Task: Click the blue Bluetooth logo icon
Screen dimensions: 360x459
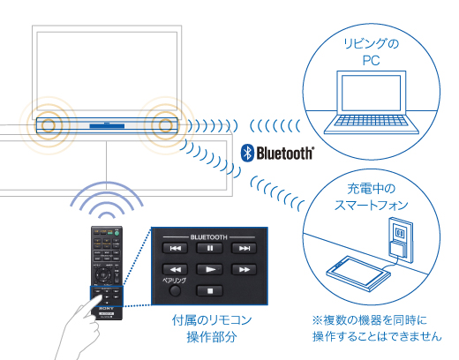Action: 248,154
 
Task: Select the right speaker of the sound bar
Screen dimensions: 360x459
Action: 162,124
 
